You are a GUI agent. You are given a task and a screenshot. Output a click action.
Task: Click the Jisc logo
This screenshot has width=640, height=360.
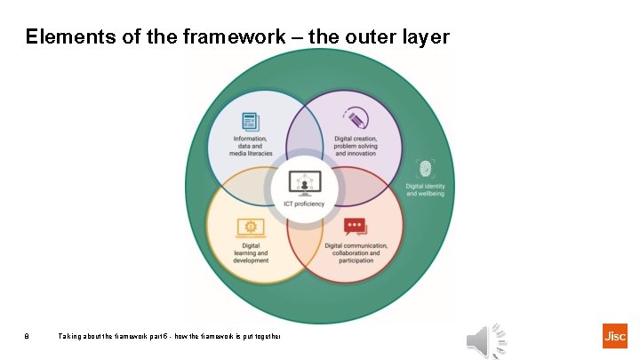(x=614, y=336)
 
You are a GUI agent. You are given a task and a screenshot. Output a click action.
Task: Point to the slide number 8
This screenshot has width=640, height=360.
(x=28, y=336)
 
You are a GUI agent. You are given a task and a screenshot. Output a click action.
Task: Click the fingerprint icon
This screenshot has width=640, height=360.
(x=425, y=168)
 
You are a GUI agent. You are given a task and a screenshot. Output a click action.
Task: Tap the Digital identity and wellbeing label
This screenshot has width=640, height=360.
(x=425, y=189)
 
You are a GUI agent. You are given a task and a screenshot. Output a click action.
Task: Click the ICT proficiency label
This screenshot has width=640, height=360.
(x=304, y=204)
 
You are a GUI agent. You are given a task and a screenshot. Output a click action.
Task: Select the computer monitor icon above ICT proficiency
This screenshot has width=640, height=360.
(x=304, y=182)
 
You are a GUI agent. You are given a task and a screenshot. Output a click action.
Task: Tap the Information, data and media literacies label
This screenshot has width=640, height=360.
(x=253, y=146)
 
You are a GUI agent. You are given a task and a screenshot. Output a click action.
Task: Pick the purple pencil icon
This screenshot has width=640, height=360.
(x=357, y=119)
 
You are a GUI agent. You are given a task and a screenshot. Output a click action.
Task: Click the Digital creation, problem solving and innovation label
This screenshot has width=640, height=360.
(x=356, y=146)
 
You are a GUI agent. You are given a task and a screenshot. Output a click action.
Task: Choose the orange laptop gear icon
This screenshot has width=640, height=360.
(x=250, y=228)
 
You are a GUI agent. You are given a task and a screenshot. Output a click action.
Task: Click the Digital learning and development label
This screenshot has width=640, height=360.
(x=250, y=252)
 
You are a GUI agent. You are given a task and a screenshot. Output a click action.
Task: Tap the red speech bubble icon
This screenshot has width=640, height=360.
(x=356, y=227)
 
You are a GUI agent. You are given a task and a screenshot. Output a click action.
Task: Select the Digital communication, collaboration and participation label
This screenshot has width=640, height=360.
(x=356, y=252)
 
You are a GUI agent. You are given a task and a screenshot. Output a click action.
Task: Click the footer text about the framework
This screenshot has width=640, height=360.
(x=169, y=336)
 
